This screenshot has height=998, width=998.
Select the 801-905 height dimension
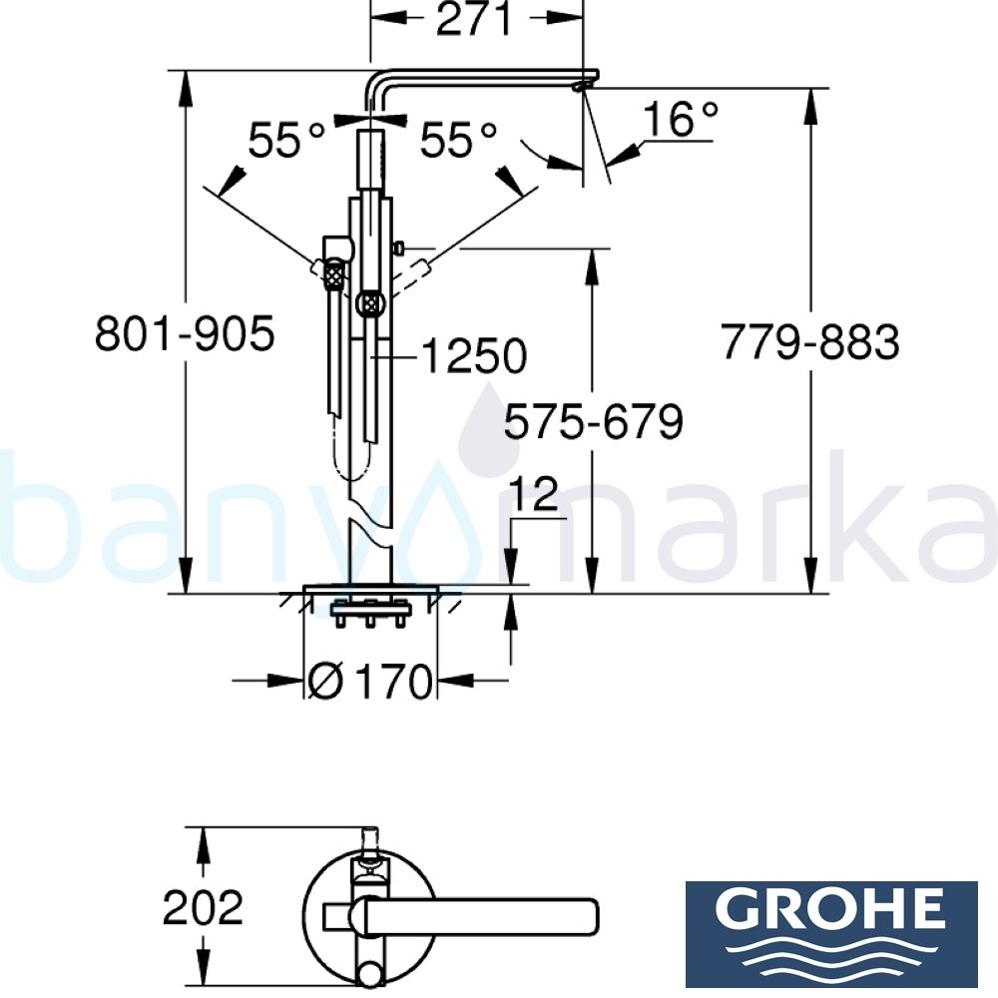[184, 334]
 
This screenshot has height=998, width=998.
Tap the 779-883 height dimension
[810, 343]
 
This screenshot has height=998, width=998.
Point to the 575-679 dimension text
[593, 422]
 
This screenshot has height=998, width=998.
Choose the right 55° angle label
[458, 141]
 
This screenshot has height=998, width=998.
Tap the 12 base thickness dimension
[539, 496]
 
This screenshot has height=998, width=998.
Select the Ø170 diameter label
[371, 683]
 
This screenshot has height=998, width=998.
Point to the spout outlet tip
[580, 89]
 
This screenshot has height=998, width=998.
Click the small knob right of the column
[398, 247]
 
